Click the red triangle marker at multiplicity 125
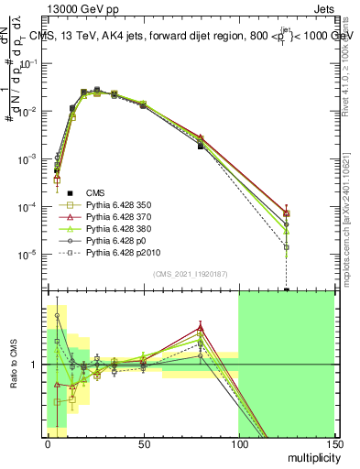(x=287, y=213)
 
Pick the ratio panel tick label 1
(x=35, y=365)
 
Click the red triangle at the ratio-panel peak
(x=200, y=326)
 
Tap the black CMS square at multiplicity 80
(x=200, y=146)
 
